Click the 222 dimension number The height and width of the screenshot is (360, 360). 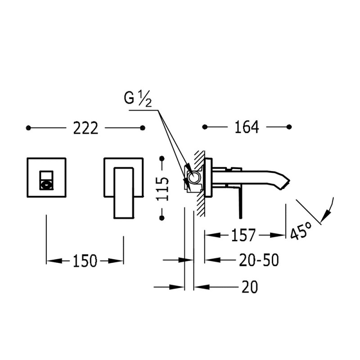coord(85,128)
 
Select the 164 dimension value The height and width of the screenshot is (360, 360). coord(247,127)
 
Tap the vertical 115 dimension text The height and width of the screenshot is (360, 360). coord(162,189)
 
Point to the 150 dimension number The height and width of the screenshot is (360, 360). coord(85,261)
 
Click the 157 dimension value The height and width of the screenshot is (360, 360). coord(243,235)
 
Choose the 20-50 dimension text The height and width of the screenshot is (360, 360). coord(259,260)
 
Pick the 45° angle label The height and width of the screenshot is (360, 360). coord(301,231)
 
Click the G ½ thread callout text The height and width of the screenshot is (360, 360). coord(138,99)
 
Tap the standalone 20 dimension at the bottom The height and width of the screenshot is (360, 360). coord(250,287)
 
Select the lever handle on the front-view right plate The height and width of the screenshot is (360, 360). coord(123,193)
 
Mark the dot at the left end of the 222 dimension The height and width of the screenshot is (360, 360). coord(28,128)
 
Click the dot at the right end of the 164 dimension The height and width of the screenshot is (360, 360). coord(289,127)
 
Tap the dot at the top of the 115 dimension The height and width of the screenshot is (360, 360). coord(162,158)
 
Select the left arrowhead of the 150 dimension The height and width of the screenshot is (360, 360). coord(54,261)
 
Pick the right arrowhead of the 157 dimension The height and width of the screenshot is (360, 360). coord(278,235)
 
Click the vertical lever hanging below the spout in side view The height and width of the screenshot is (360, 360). coord(240,202)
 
